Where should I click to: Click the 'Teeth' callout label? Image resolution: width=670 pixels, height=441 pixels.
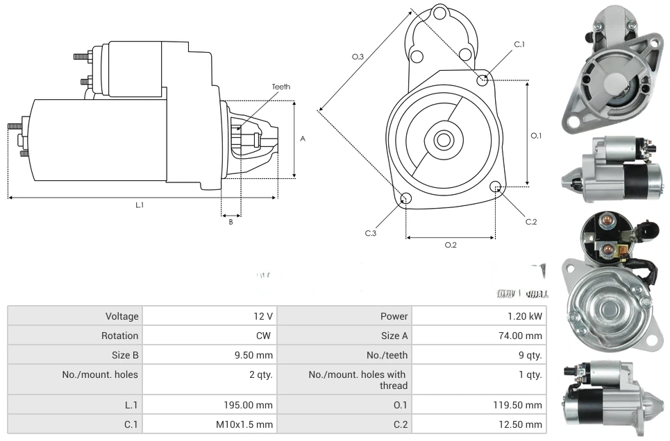(x=280, y=87)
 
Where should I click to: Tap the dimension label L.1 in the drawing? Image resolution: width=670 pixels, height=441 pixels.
(x=139, y=205)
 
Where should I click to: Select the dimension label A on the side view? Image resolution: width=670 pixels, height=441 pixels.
(x=303, y=139)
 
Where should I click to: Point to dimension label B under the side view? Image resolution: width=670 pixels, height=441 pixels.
(x=231, y=222)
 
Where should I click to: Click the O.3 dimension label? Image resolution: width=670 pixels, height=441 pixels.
(x=358, y=57)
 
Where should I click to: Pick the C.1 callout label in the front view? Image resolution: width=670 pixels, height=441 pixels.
(x=519, y=44)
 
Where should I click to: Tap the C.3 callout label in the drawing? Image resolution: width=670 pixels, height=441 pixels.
(x=371, y=233)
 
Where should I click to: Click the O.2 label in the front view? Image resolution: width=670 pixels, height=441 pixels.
(x=450, y=245)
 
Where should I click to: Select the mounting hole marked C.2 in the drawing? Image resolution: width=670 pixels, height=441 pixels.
(x=496, y=187)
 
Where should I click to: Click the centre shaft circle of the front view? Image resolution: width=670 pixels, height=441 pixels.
(x=443, y=140)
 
